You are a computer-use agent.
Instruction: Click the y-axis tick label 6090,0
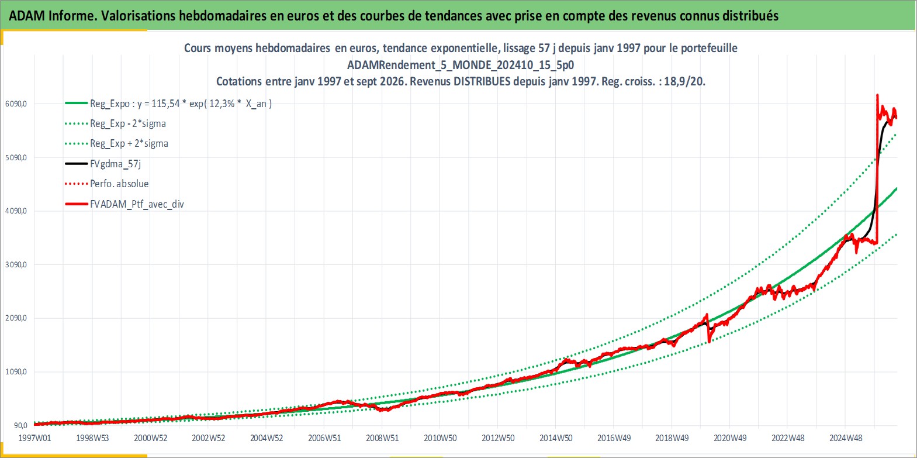pyautogui.click(x=16, y=104)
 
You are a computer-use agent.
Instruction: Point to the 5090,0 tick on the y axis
pyautogui.click(x=16, y=158)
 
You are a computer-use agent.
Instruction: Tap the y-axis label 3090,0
pyautogui.click(x=16, y=264)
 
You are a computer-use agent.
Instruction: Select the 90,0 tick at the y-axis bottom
pyautogui.click(x=20, y=425)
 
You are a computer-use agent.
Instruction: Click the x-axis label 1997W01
pyautogui.click(x=35, y=438)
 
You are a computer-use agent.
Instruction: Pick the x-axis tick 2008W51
pyautogui.click(x=382, y=438)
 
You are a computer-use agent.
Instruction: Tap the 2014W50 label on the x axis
pyautogui.click(x=556, y=438)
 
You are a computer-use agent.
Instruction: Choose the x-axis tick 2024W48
pyautogui.click(x=846, y=438)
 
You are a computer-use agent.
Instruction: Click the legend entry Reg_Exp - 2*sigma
pyautogui.click(x=128, y=123)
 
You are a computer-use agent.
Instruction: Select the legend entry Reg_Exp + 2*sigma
pyautogui.click(x=129, y=143)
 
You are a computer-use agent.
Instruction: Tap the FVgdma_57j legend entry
pyautogui.click(x=116, y=164)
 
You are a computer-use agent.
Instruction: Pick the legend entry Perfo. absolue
pyautogui.click(x=120, y=184)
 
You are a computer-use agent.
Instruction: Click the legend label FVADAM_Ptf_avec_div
pyautogui.click(x=137, y=204)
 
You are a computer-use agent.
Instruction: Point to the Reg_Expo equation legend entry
pyautogui.click(x=181, y=104)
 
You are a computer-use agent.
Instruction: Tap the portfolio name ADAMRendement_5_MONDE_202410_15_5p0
pyautogui.click(x=461, y=65)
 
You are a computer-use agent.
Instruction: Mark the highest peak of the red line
pyautogui.click(x=877, y=95)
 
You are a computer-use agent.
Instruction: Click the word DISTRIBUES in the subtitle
pyautogui.click(x=482, y=81)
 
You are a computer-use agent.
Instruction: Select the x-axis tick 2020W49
pyautogui.click(x=730, y=438)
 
